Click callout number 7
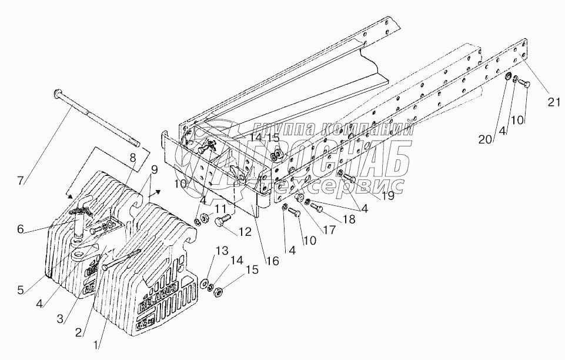(21, 181)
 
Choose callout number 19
(387, 197)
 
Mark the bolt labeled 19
(347, 176)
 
